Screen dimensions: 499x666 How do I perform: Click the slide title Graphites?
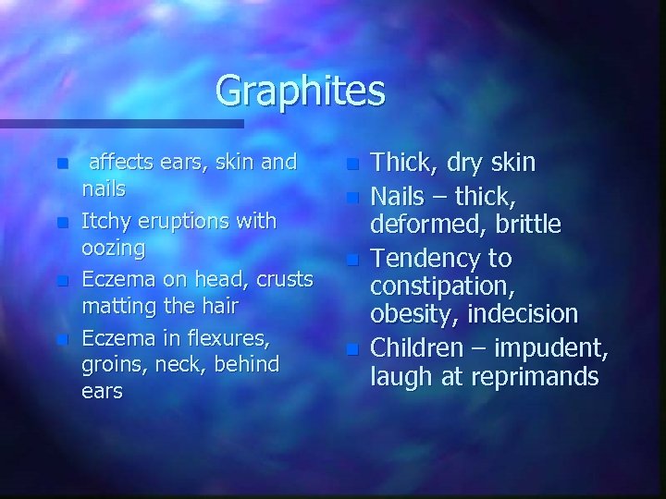(300, 91)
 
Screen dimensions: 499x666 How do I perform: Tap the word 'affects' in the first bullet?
(121, 163)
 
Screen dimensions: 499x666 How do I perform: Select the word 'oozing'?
(114, 248)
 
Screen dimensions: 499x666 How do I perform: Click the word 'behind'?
(247, 363)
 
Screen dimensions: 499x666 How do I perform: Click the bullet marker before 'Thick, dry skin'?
(351, 165)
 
